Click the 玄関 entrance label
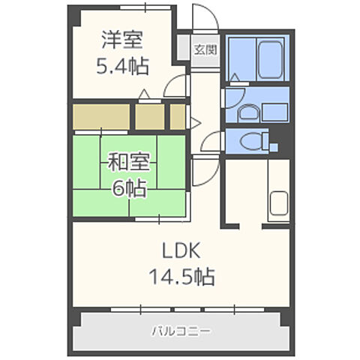point(205,52)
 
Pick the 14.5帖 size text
point(181,277)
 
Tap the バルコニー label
point(181,330)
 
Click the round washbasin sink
point(247,113)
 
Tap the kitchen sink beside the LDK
point(279,204)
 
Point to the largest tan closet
point(101,115)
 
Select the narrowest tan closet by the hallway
point(177,116)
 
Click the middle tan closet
point(148,116)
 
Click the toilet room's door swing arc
point(211,140)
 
